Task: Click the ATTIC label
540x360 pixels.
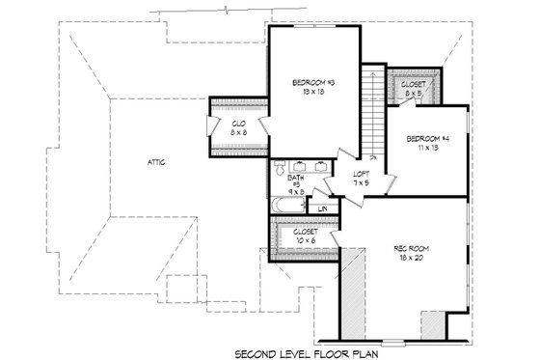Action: coord(157,161)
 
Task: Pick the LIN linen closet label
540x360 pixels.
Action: coord(323,208)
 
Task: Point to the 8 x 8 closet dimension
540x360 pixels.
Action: coord(237,132)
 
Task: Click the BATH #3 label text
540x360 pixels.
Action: coord(296,180)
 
